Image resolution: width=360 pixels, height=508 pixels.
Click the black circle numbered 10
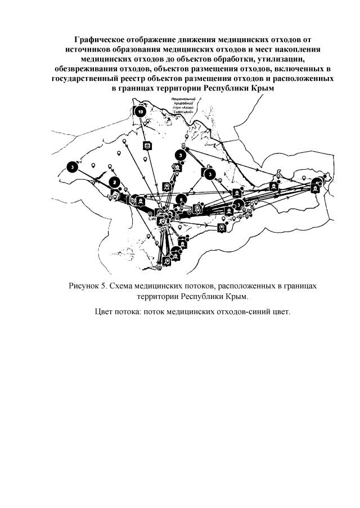(x=141, y=111)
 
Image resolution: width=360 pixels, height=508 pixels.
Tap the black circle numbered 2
(x=115, y=182)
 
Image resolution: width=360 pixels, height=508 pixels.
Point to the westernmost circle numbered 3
(x=73, y=167)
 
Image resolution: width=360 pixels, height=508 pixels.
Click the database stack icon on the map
(x=147, y=147)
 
